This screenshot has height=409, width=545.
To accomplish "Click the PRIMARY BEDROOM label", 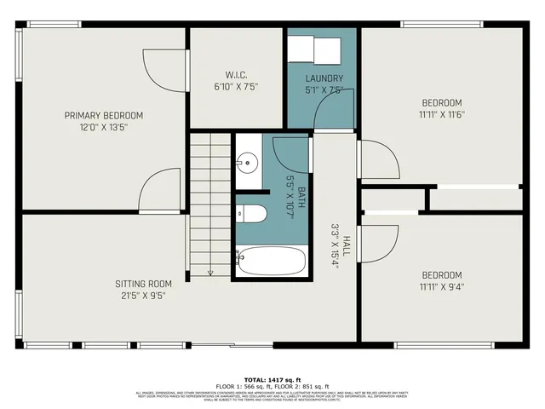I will [x=104, y=115].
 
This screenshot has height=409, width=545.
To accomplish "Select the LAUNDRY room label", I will [x=324, y=78].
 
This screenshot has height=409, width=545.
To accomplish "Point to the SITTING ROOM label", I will [x=144, y=284].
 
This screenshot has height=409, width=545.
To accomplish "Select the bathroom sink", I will [x=248, y=160].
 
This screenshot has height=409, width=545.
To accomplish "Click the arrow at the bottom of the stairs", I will [x=209, y=272].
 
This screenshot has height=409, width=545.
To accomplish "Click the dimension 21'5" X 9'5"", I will [x=144, y=296].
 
